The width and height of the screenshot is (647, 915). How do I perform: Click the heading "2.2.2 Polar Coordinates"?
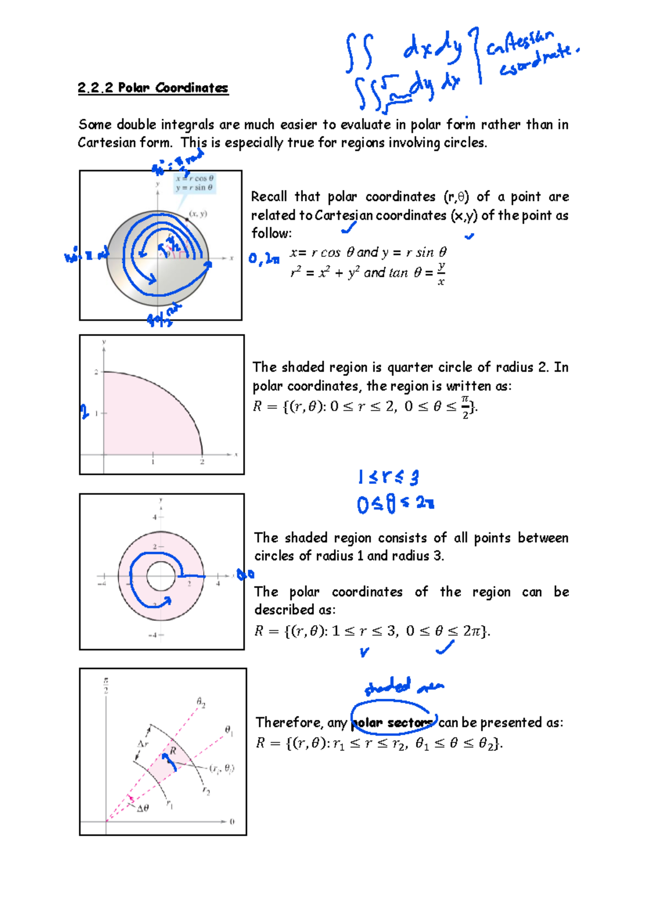click(x=153, y=88)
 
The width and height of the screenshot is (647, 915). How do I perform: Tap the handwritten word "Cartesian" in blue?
click(x=520, y=44)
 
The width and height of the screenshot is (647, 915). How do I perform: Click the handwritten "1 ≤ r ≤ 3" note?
click(x=388, y=477)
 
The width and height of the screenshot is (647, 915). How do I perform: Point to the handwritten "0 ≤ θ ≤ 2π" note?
click(x=395, y=504)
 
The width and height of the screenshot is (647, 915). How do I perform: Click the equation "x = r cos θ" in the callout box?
click(x=195, y=178)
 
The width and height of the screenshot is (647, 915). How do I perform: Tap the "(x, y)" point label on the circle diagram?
click(x=198, y=214)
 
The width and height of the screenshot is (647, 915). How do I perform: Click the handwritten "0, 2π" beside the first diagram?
click(x=264, y=259)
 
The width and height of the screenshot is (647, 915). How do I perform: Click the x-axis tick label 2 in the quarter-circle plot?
click(x=202, y=462)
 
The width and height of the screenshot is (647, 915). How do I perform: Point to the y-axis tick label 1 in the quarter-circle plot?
click(x=97, y=413)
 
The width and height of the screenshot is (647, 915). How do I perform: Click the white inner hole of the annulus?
click(x=161, y=576)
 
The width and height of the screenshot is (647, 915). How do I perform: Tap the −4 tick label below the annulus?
click(x=154, y=635)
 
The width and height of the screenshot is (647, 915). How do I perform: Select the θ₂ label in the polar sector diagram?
click(x=201, y=702)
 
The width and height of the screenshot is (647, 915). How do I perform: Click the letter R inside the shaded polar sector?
click(x=173, y=750)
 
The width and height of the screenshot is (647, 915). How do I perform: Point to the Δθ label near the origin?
click(x=142, y=808)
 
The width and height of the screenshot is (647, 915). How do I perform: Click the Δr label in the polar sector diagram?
click(x=143, y=744)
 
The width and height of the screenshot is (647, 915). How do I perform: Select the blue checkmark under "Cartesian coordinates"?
click(x=349, y=229)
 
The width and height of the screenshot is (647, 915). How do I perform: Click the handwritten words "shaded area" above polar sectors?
click(x=404, y=686)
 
